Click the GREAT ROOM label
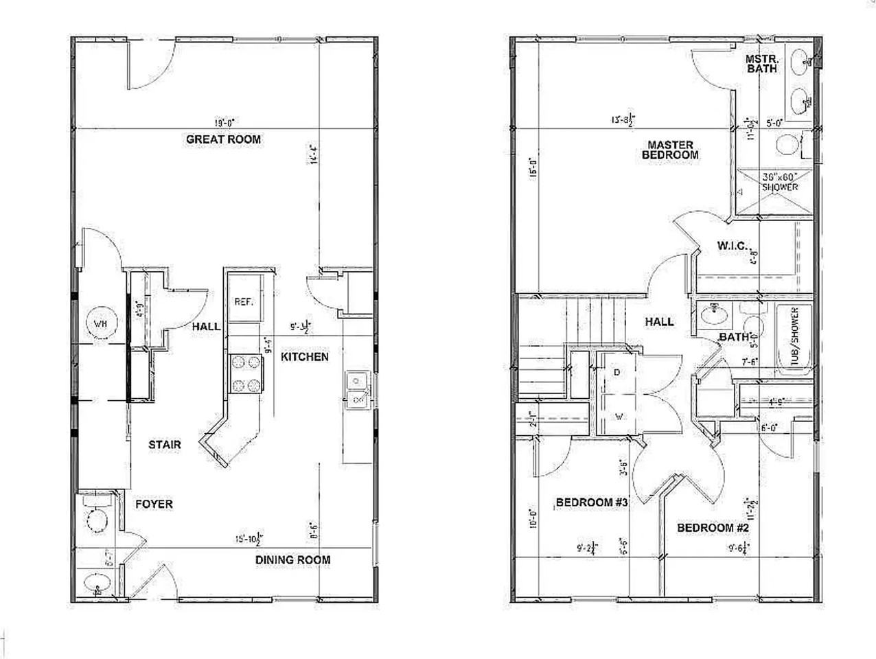pos(223,139)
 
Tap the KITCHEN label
pos(304,357)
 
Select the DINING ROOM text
pos(292,560)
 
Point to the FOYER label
pos(153,505)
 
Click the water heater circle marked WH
pos(100,323)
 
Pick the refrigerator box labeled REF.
pos(244,301)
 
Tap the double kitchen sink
pos(358,388)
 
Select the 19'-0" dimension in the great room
pos(224,123)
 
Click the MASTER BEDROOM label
pos(670,150)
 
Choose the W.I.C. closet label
pos(733,245)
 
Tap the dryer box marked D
pos(616,373)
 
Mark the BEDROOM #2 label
pos(713,528)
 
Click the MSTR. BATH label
pos(761,64)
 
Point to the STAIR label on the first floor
pos(165,445)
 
